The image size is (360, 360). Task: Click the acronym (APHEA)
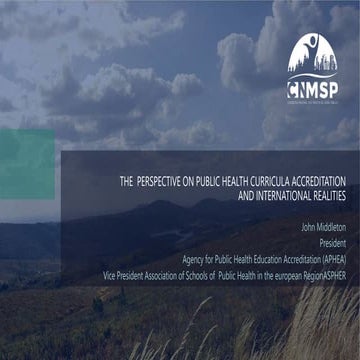(329, 256)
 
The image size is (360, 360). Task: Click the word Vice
(110, 270)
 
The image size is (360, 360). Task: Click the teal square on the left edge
(26, 163)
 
